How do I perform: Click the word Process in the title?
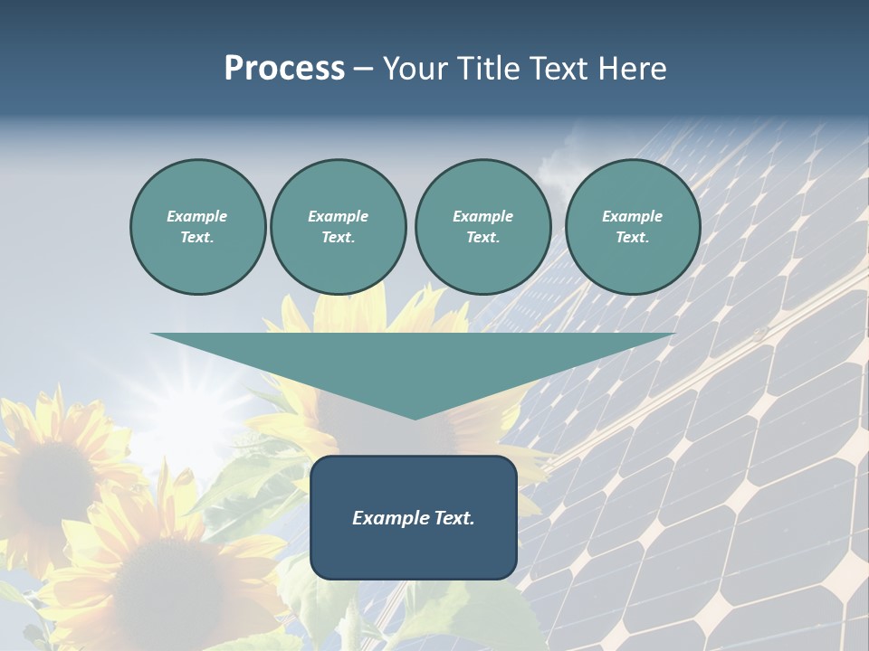point(284,69)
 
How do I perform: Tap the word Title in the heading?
point(492,69)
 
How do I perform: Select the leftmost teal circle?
point(198,227)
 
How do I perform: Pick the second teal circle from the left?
point(339,227)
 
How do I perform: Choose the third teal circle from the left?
point(482,227)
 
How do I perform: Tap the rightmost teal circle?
point(633,227)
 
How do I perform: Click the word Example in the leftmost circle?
point(197,216)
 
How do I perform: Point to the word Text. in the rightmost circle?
point(633,238)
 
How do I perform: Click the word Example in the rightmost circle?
point(633,216)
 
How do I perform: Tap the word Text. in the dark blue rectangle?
point(453,518)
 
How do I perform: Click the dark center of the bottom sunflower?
point(167,579)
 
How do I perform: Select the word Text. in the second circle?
point(339,238)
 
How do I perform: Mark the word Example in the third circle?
point(482,216)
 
